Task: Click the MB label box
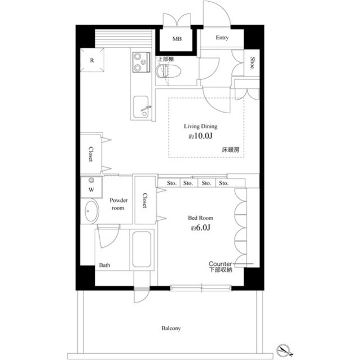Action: [x=177, y=39]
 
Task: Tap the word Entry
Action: [x=222, y=38]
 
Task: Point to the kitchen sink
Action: [x=139, y=105]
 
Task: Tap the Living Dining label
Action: [x=201, y=127]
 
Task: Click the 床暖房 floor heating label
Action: [x=230, y=150]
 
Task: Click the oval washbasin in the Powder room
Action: [x=90, y=212]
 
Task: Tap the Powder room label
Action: [x=118, y=204]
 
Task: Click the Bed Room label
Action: [x=201, y=217]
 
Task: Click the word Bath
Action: [x=105, y=265]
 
